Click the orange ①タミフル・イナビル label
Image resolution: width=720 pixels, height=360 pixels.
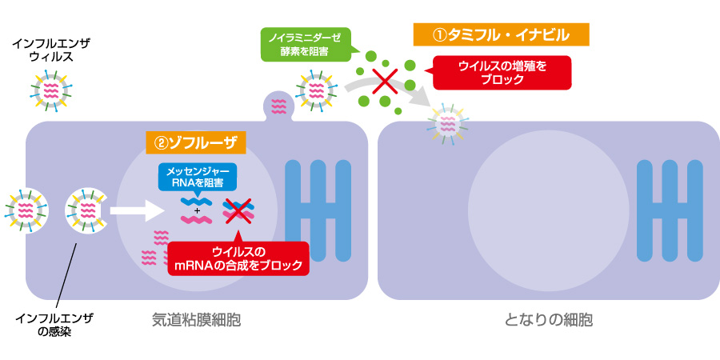pos(501,34)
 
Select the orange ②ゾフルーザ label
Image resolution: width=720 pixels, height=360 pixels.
pos(196,142)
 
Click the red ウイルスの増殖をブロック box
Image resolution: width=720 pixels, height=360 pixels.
pos(502,73)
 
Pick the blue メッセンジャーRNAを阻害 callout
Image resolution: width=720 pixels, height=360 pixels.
pos(198,178)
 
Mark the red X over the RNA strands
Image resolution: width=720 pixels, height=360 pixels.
pos(238,210)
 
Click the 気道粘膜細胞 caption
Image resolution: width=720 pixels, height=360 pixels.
pos(196,320)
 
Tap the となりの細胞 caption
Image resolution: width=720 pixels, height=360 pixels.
pos(549,320)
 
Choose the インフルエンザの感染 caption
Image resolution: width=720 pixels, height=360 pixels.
pos(54,325)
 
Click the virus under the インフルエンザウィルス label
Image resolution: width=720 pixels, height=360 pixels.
pos(50,91)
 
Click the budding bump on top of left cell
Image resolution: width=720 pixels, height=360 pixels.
pos(279,104)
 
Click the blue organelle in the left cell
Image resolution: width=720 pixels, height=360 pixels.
pos(318,210)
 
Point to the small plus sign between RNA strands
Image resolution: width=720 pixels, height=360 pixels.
pos(197,210)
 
